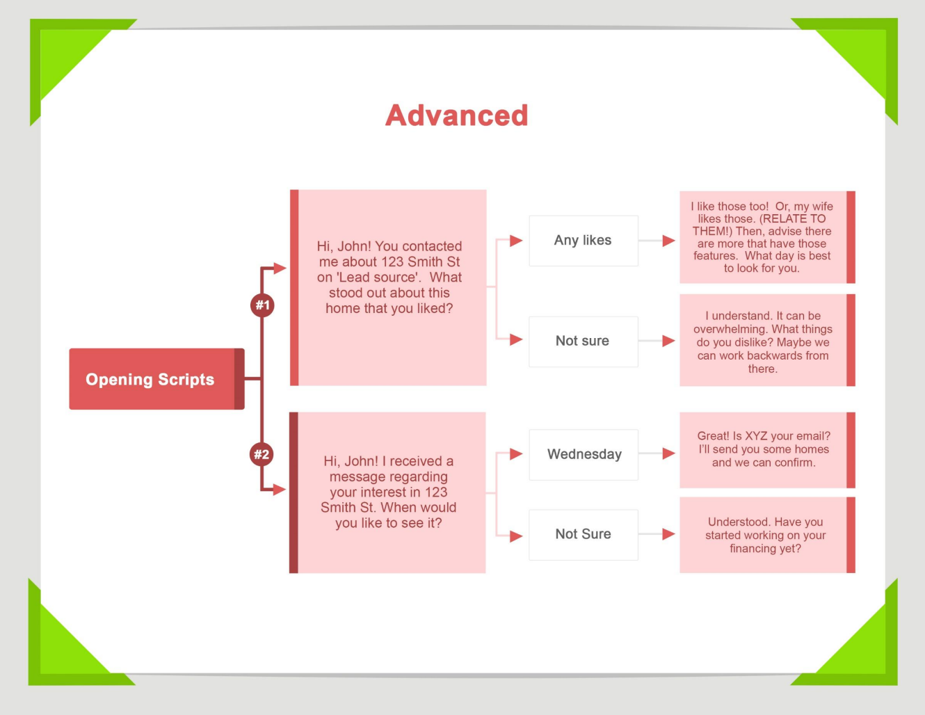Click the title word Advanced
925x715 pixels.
pos(457,115)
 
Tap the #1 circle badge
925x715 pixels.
pos(262,305)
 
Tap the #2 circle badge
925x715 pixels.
pos(262,455)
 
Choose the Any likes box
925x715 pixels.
pos(583,241)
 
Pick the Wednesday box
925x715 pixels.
pos(584,455)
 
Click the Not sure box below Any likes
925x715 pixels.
pos(583,342)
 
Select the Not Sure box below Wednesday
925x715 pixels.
pos(583,535)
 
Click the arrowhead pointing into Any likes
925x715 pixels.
pos(516,241)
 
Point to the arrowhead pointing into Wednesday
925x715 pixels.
pos(516,454)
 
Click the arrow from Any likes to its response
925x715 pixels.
pos(657,241)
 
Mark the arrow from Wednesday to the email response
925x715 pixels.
pos(657,453)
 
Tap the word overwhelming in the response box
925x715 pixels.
pos(727,329)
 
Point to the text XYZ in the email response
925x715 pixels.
pos(756,436)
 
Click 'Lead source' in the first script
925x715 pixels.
pos(378,278)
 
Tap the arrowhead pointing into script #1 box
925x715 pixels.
pos(280,268)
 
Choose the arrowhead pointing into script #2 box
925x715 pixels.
pos(280,490)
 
